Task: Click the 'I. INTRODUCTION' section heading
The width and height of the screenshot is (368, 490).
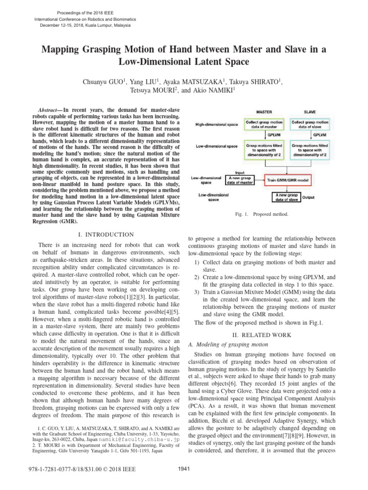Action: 105,235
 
